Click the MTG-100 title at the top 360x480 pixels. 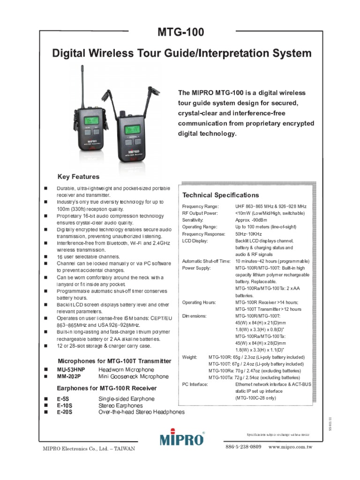pos(181,33)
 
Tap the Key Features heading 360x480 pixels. pos(78,177)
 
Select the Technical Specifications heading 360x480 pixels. pos(220,195)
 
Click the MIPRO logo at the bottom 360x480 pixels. pos(182,439)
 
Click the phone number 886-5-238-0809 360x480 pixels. pos(243,447)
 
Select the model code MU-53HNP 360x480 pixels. pos(71,370)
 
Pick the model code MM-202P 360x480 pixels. pos(69,376)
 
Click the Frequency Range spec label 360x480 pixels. pos(200,206)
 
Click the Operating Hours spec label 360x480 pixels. pos(199,302)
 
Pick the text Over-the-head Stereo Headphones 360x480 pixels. pos(141,412)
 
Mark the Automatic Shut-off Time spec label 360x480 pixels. pos(206,261)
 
